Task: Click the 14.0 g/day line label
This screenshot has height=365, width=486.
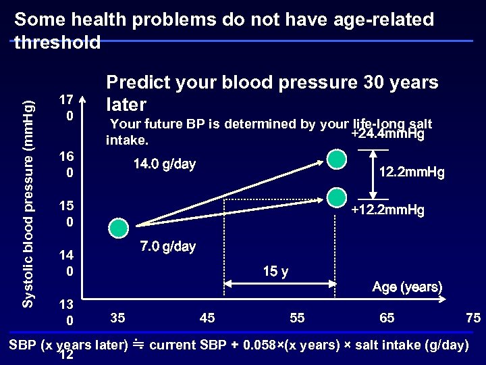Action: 164,164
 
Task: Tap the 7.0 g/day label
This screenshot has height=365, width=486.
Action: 168,246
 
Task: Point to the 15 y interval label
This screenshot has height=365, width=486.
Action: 275,272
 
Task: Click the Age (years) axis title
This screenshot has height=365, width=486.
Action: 407,287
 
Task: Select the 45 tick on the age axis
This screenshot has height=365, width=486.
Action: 208,318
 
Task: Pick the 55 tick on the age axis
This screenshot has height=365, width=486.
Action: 298,318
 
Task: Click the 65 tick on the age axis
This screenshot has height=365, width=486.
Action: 387,318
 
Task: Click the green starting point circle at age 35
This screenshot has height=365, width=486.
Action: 118,228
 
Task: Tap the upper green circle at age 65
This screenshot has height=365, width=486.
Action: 336,160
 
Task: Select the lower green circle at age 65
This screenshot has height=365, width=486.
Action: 336,197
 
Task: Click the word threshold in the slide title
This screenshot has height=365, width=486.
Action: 57,43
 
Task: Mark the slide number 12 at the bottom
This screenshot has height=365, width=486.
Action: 66,356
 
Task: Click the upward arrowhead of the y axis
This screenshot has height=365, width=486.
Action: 84,99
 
